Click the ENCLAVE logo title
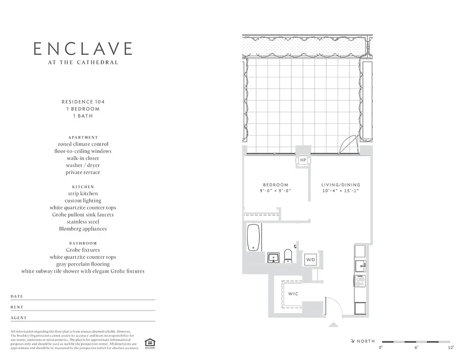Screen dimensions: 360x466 pos(83,49)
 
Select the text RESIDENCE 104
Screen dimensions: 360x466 pos(83,102)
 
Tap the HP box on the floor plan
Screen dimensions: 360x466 pos(303,160)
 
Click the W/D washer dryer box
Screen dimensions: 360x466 pos(311,260)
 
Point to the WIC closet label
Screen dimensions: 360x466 pos(293,294)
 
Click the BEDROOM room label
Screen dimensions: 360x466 pos(276,184)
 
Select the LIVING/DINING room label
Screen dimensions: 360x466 pos(340,184)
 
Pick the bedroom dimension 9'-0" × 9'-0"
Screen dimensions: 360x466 pos(276,191)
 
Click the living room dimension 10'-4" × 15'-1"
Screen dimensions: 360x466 pos(340,191)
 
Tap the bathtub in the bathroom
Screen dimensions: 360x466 pos(253,237)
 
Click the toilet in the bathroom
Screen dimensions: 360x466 pos(288,256)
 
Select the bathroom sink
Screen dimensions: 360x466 pos(273,257)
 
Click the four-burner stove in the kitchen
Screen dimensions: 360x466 pos(360,281)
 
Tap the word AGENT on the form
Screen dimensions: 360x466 pos(19,318)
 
